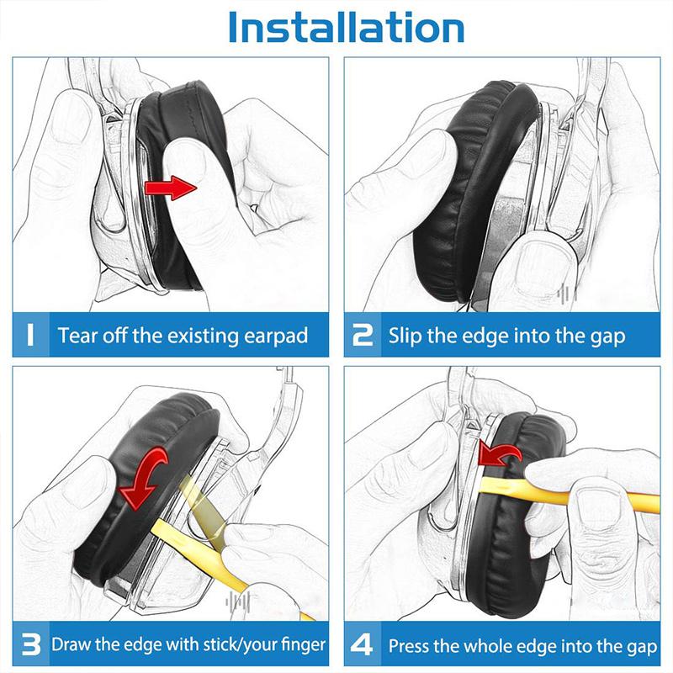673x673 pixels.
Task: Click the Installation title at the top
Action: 346,28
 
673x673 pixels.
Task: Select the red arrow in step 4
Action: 500,454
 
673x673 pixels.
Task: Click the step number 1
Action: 29,336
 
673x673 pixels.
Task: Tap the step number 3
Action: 30,645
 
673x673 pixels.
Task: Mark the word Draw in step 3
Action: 71,646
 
